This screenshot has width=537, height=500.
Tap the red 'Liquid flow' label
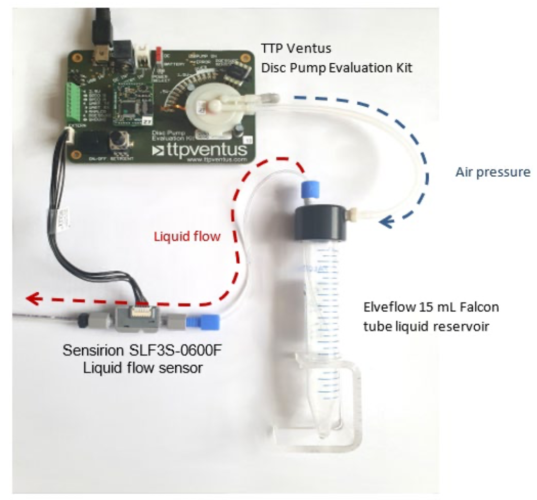pos(187,236)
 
